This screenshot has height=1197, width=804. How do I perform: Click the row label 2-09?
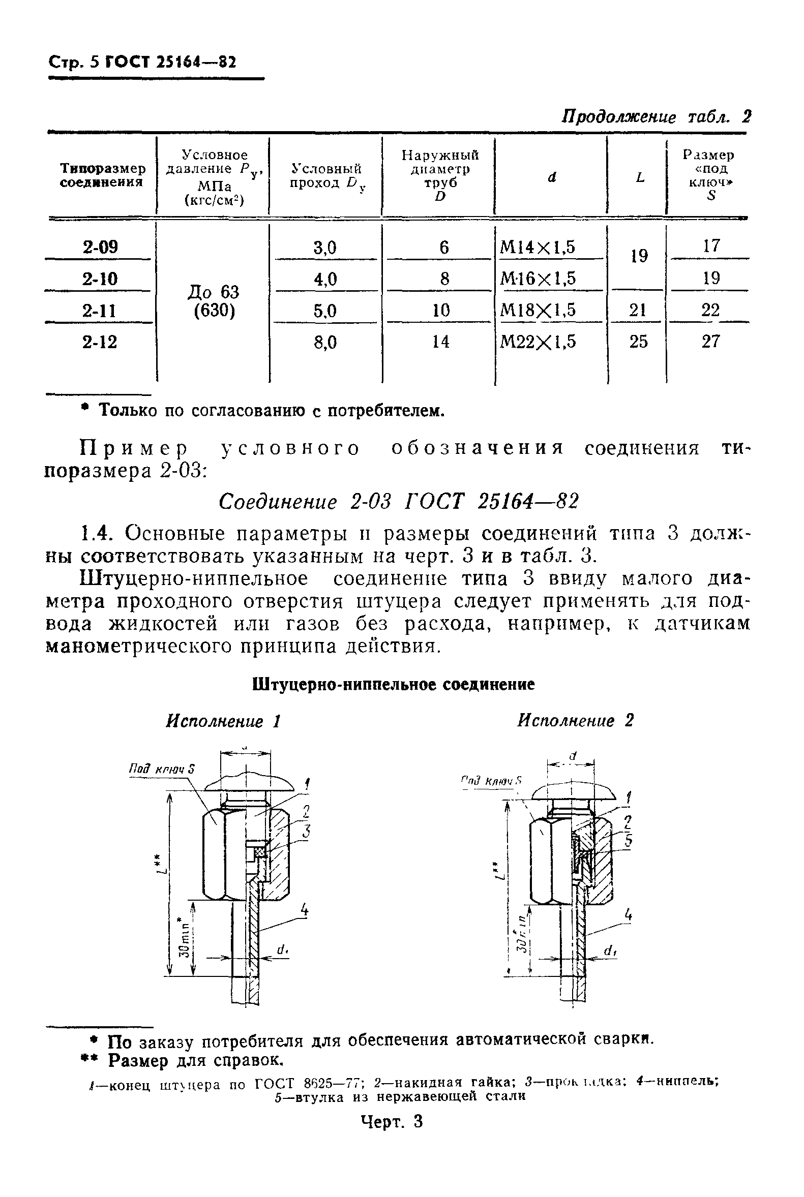point(100,247)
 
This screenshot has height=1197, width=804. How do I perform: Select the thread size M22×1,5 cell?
point(538,341)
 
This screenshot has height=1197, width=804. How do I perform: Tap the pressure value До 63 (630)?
point(214,301)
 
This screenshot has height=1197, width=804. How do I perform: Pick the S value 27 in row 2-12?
point(710,341)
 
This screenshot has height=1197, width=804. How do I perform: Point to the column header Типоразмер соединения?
point(103,175)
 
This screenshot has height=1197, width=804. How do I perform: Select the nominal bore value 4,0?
point(325,279)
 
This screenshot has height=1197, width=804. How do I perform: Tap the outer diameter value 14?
point(440,341)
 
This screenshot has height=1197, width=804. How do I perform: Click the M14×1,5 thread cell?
point(538,247)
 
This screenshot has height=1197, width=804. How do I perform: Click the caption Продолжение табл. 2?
point(657,117)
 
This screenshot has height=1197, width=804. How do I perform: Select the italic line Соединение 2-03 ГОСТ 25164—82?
point(398,502)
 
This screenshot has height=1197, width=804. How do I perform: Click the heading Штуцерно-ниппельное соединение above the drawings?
point(394,685)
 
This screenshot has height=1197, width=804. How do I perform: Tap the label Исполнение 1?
point(223,721)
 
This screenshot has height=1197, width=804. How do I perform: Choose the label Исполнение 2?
point(575,721)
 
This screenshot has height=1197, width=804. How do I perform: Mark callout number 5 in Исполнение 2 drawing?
point(629,841)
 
